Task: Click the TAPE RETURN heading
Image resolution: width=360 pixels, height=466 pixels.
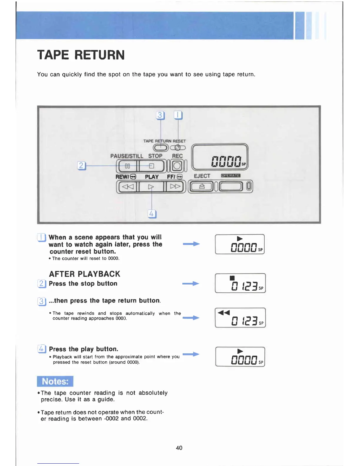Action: [x=81, y=55]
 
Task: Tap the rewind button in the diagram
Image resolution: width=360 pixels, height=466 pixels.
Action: [x=128, y=187]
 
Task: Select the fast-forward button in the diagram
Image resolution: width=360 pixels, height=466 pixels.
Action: [x=175, y=187]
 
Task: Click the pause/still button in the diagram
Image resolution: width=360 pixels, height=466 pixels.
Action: [x=127, y=166]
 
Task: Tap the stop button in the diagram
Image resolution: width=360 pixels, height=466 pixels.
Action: [x=151, y=166]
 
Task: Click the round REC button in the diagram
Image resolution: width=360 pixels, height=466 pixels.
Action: [x=177, y=166]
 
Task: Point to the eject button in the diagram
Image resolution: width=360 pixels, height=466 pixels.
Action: [x=202, y=187]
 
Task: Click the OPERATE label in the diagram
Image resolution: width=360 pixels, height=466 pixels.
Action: [x=231, y=176]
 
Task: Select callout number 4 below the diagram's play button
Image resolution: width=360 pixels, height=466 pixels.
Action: [x=151, y=214]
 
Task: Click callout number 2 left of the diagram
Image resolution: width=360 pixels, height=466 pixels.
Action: [x=81, y=166]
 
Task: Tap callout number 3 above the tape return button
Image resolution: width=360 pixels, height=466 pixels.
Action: [x=160, y=115]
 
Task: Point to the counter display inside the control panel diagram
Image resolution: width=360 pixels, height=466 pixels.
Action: [x=220, y=157]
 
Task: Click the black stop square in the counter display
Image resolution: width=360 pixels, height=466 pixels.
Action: [x=232, y=278]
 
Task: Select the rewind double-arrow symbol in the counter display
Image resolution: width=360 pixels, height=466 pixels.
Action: [x=224, y=312]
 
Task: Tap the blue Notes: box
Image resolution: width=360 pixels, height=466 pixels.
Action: [x=55, y=381]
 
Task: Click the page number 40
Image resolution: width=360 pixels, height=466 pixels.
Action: [x=179, y=448]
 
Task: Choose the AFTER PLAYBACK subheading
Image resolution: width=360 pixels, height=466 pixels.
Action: [x=85, y=274]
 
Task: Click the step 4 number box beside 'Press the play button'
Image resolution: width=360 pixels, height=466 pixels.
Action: [x=42, y=349]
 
